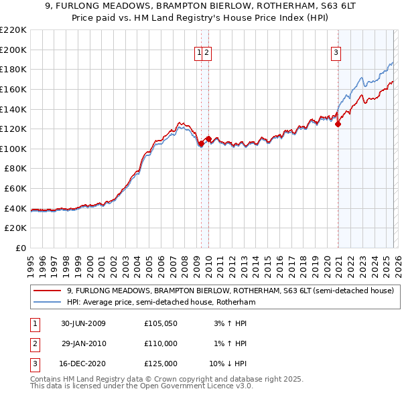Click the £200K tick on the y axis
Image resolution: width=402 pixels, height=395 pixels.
[13, 50]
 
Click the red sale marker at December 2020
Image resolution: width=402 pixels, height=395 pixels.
[338, 123]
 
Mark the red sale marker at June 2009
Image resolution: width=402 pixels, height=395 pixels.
[201, 143]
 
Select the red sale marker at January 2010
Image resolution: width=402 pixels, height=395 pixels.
[208, 139]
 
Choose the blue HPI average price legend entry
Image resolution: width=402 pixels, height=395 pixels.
[161, 302]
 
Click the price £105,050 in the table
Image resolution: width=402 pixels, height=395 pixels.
[160, 323]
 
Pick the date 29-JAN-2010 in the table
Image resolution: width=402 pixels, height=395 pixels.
[83, 343]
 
